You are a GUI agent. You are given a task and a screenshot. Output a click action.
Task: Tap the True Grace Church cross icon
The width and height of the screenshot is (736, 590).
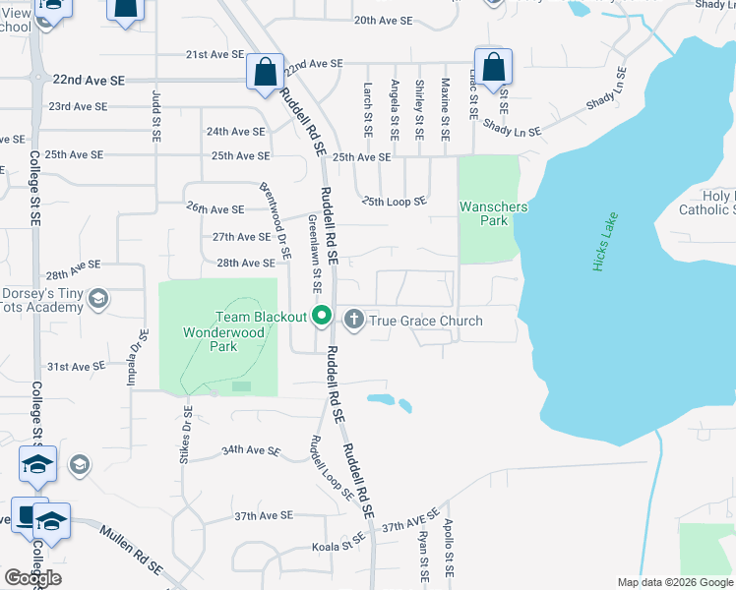(x=353, y=320)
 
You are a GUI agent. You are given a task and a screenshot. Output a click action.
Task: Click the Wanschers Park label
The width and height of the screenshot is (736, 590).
(x=493, y=213)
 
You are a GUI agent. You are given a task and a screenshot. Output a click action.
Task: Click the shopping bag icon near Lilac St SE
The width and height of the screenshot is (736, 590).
(x=494, y=67)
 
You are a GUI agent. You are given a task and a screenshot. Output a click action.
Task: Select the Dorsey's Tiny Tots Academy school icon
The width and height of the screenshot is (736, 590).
(x=98, y=299)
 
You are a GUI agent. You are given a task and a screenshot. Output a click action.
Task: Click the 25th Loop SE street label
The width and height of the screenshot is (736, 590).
(x=394, y=202)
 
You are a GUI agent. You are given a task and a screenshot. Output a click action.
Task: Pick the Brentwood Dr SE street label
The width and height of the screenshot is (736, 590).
(x=276, y=219)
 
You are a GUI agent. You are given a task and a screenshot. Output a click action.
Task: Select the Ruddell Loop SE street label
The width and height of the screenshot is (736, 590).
(x=332, y=467)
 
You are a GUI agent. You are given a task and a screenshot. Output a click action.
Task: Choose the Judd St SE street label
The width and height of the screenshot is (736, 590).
(x=156, y=114)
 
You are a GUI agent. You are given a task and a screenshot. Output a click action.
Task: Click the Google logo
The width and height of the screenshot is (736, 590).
(x=32, y=578)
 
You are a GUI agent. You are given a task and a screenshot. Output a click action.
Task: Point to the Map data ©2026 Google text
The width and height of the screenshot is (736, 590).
(x=674, y=582)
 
